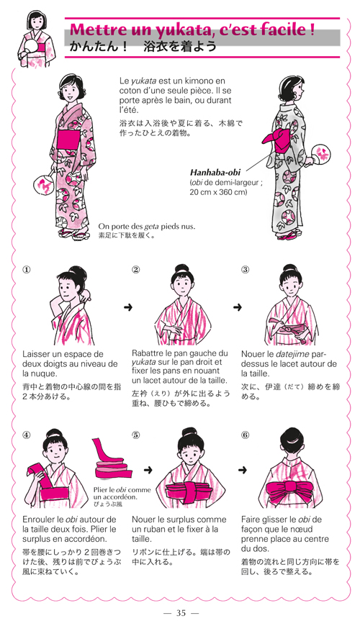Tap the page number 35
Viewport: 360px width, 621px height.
(181, 612)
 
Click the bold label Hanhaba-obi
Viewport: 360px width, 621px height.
(215, 173)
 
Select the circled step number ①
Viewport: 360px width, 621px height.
(26, 270)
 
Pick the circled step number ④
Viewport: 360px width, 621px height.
(26, 435)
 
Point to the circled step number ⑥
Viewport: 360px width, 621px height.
(245, 435)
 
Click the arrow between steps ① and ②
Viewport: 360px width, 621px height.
(127, 307)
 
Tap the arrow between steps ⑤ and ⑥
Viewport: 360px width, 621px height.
(242, 470)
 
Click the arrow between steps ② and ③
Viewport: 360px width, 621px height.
(237, 307)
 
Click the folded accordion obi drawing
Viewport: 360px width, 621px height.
(112, 461)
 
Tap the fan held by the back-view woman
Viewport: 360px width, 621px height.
(320, 152)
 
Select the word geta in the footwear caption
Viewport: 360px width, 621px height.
(148, 227)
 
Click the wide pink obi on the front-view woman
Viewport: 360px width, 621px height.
(71, 140)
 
